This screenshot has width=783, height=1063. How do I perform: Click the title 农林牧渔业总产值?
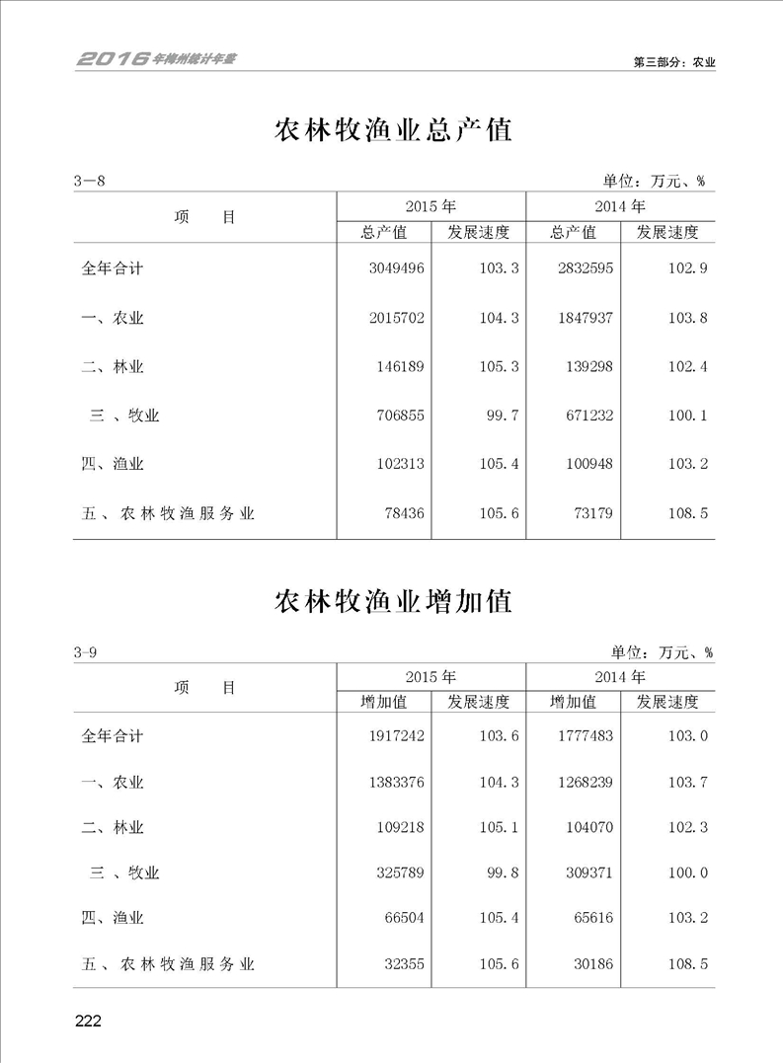coord(392,130)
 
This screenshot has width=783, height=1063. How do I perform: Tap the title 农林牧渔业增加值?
coord(392,601)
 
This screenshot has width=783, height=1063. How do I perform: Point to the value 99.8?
coord(499,873)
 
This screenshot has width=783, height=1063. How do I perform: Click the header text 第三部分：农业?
coord(673,61)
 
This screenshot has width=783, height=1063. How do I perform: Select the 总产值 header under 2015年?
coord(384,233)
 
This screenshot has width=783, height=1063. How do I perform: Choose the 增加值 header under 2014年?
coord(573,703)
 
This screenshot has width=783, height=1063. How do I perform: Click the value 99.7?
coord(499,416)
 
